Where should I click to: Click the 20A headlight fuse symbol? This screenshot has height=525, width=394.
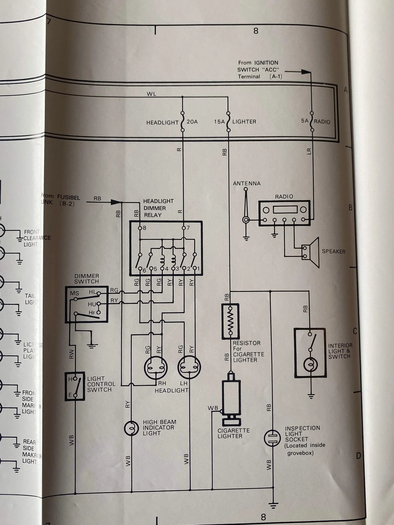pyautogui.click(x=182, y=122)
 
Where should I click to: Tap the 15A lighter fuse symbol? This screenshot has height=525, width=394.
pyautogui.click(x=228, y=122)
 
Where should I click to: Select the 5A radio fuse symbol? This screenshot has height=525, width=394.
pyautogui.click(x=312, y=121)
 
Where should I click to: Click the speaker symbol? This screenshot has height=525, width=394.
pyautogui.click(x=312, y=252)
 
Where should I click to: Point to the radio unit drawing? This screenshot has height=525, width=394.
pyautogui.click(x=284, y=213)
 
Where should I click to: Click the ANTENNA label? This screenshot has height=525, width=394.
pyautogui.click(x=247, y=183)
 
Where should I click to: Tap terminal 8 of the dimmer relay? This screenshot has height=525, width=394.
pyautogui.click(x=140, y=228)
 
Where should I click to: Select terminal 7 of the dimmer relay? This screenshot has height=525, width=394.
pyautogui.click(x=184, y=228)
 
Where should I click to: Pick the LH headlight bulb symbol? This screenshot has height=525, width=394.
pyautogui.click(x=189, y=367)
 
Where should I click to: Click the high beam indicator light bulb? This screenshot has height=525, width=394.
pyautogui.click(x=131, y=428)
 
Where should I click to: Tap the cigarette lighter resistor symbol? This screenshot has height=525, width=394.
pyautogui.click(x=230, y=321)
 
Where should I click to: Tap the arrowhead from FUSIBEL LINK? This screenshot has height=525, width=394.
pyautogui.click(x=116, y=202)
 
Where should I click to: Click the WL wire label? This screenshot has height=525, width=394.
pyautogui.click(x=151, y=94)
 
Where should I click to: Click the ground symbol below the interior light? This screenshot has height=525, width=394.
pyautogui.click(x=311, y=395)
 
